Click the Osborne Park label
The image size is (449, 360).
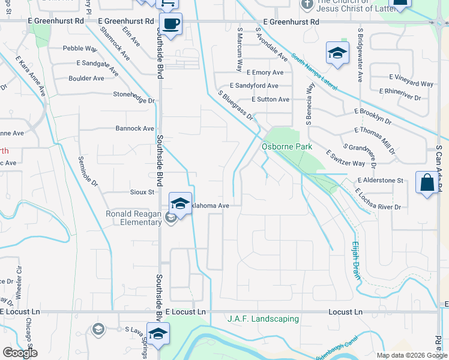pos(287,146)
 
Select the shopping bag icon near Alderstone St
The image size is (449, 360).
pos(426,182)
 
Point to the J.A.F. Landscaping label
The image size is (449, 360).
pos(262,319)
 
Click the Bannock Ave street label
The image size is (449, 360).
pos(135,128)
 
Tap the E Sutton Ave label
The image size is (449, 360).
pos(270,100)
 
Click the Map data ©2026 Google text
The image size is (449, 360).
pos(412,355)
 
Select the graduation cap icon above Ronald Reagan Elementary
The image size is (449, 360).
pos(180,203)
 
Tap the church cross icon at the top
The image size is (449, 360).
pos(306,5)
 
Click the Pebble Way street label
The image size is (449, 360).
pos(80,48)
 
